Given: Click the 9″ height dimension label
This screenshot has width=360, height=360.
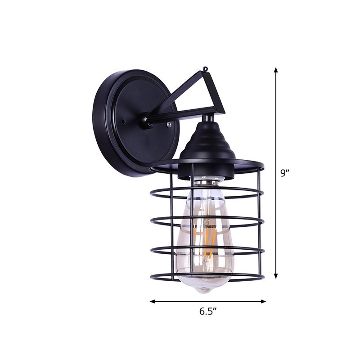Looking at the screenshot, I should (x=283, y=173).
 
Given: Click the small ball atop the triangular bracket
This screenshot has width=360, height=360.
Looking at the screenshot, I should (x=206, y=69).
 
